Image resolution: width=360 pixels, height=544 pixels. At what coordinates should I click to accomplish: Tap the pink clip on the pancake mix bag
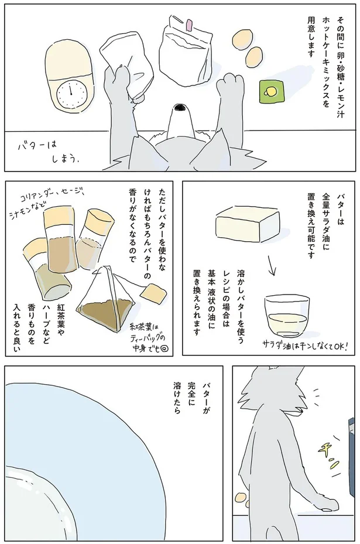(x=189, y=25)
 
